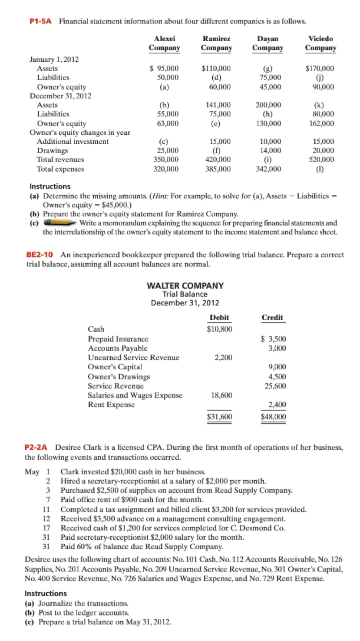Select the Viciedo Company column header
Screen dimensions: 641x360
click(320, 43)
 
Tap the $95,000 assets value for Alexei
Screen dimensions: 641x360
click(164, 68)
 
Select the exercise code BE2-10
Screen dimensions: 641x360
click(40, 254)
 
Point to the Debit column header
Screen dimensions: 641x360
click(219, 317)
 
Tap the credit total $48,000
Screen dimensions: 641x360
click(273, 416)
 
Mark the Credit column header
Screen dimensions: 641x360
click(272, 317)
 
